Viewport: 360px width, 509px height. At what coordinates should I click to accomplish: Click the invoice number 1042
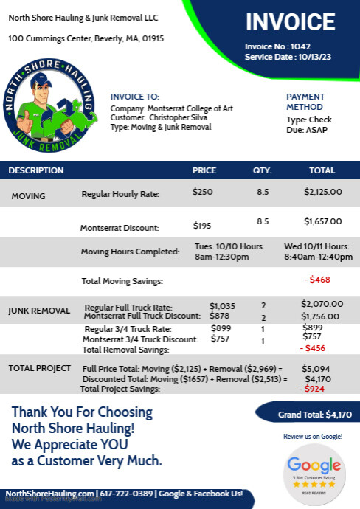point(300,46)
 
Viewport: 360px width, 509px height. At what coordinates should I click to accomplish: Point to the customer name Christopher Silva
point(182,117)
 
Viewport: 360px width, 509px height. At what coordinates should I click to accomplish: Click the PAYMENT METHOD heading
point(305,101)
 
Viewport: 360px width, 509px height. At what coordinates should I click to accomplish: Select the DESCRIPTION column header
point(36,170)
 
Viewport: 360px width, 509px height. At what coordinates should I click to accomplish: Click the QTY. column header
point(263,170)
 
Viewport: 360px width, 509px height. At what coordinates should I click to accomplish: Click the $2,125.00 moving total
point(323,192)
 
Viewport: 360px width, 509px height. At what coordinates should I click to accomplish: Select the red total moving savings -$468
point(317,280)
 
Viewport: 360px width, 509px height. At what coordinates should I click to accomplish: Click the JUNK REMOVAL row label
point(39,311)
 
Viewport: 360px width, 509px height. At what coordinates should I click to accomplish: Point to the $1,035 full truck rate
point(222,305)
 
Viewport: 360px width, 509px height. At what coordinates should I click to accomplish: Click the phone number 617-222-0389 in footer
point(122,493)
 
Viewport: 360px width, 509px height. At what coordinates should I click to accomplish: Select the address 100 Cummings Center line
point(86,38)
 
